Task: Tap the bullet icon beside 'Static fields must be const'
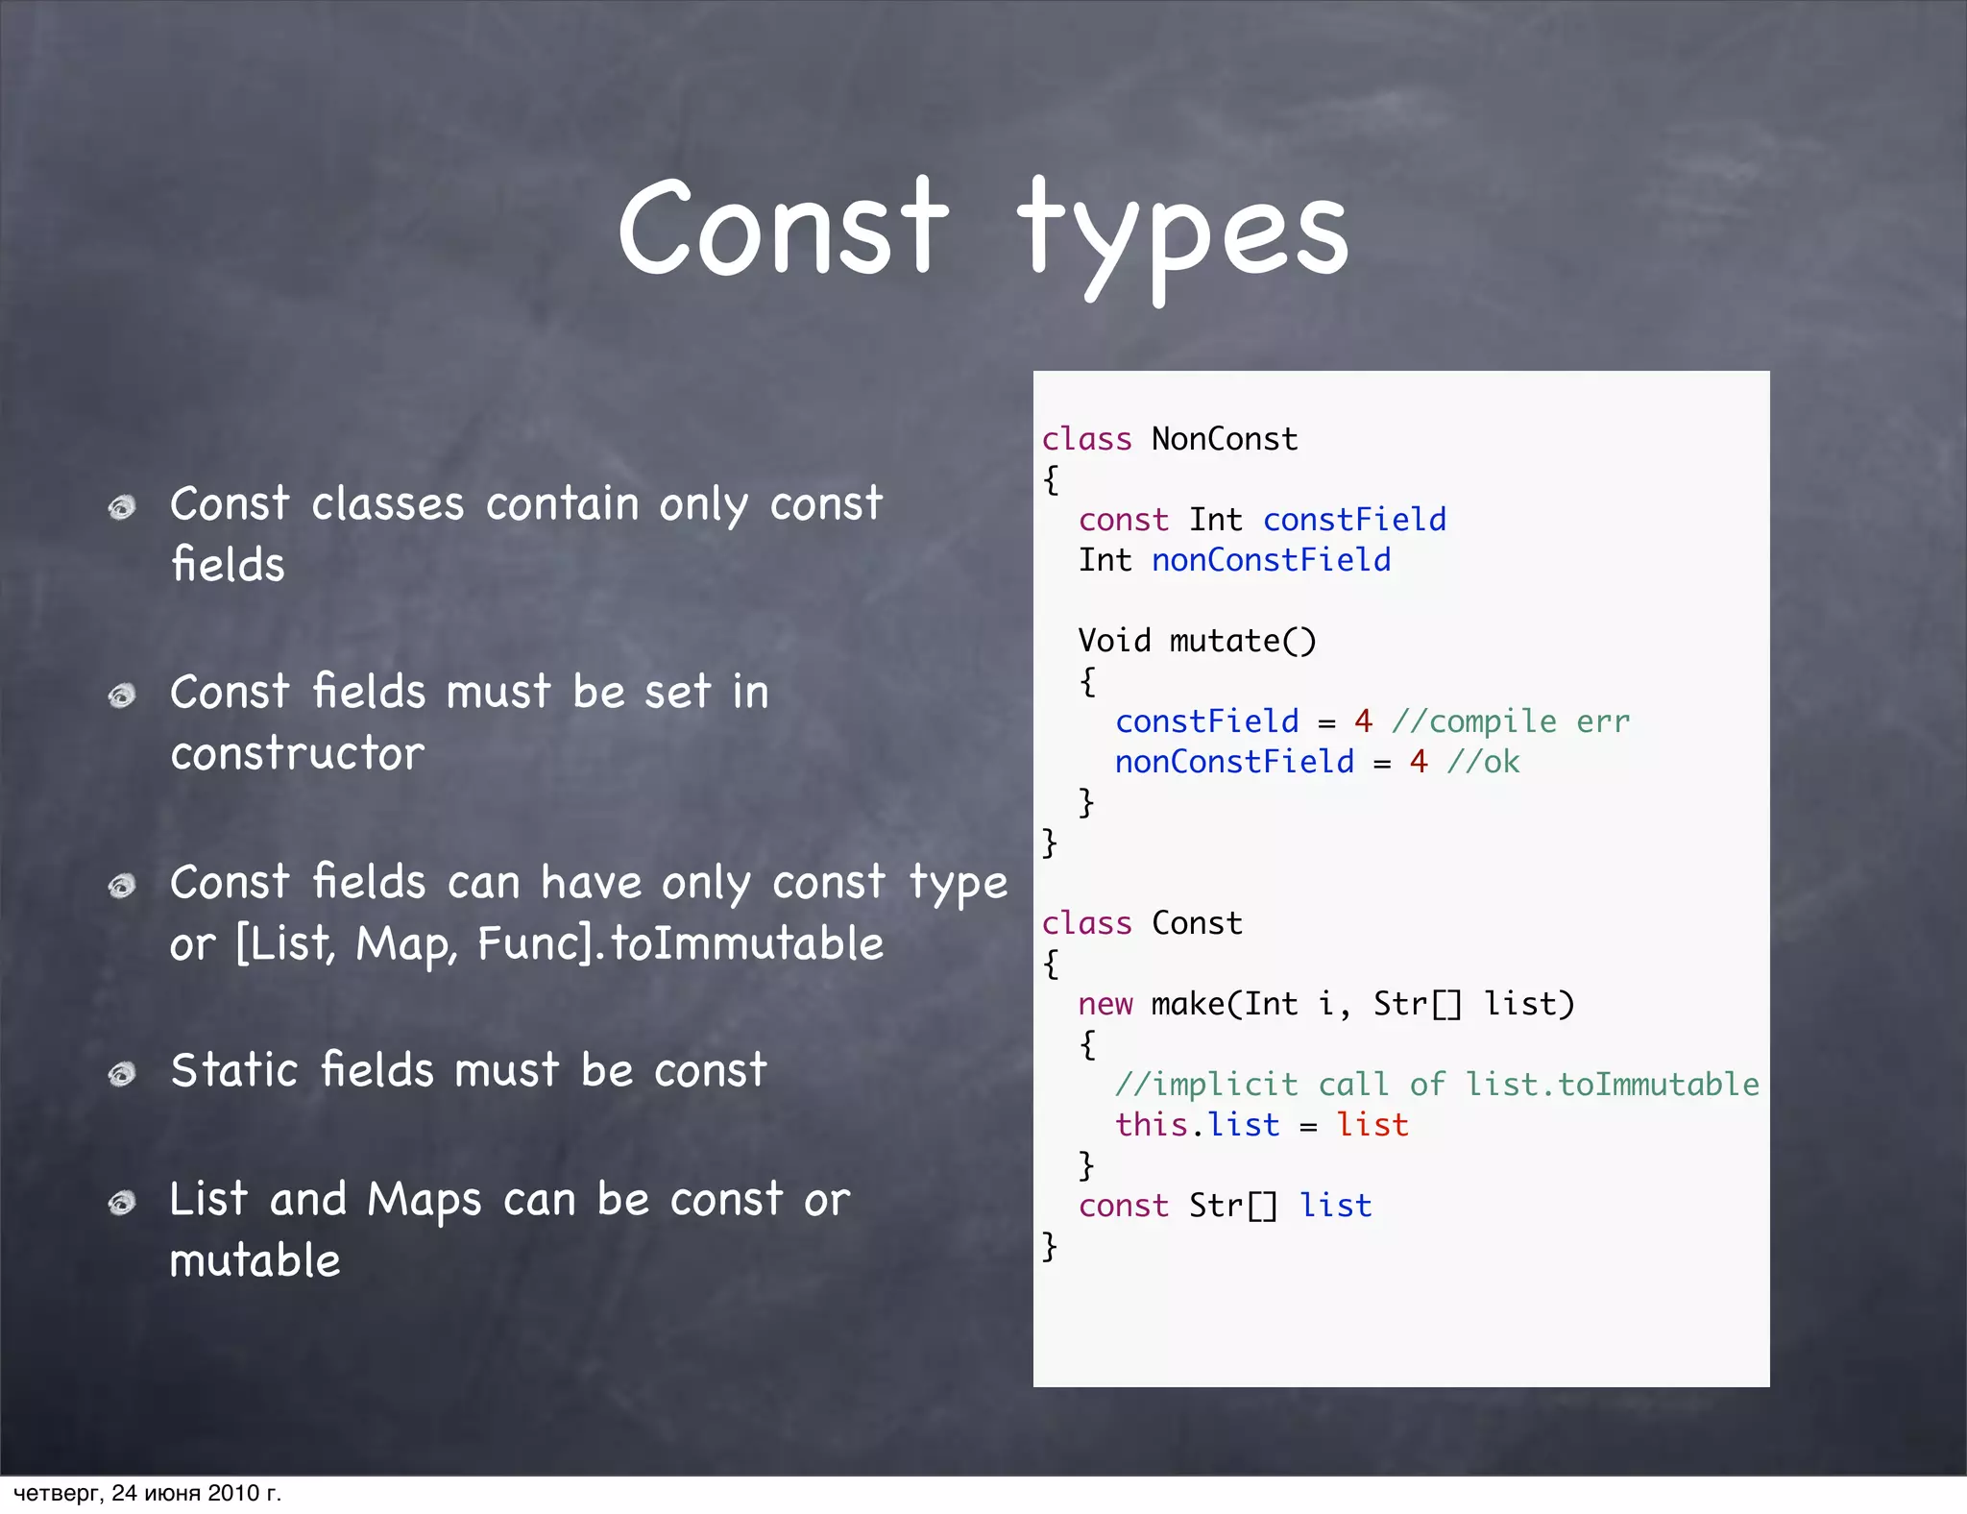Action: tap(122, 1072)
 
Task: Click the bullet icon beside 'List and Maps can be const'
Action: tap(122, 1202)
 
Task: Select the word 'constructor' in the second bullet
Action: tap(297, 753)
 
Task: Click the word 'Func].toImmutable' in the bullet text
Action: tap(680, 943)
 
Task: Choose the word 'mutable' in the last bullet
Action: tap(255, 1260)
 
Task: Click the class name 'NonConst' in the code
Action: tap(1225, 439)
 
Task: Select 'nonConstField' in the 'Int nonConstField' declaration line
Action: tap(1271, 560)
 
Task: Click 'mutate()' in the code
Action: tap(1243, 641)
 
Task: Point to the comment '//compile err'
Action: tap(1511, 721)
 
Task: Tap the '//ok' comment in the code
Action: tap(1483, 762)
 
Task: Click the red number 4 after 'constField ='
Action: tap(1363, 720)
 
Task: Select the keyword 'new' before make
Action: tap(1105, 1004)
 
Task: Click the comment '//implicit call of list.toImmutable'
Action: tap(1437, 1085)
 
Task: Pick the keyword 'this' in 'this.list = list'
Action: tap(1151, 1125)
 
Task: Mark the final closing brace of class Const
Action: tap(1050, 1246)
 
